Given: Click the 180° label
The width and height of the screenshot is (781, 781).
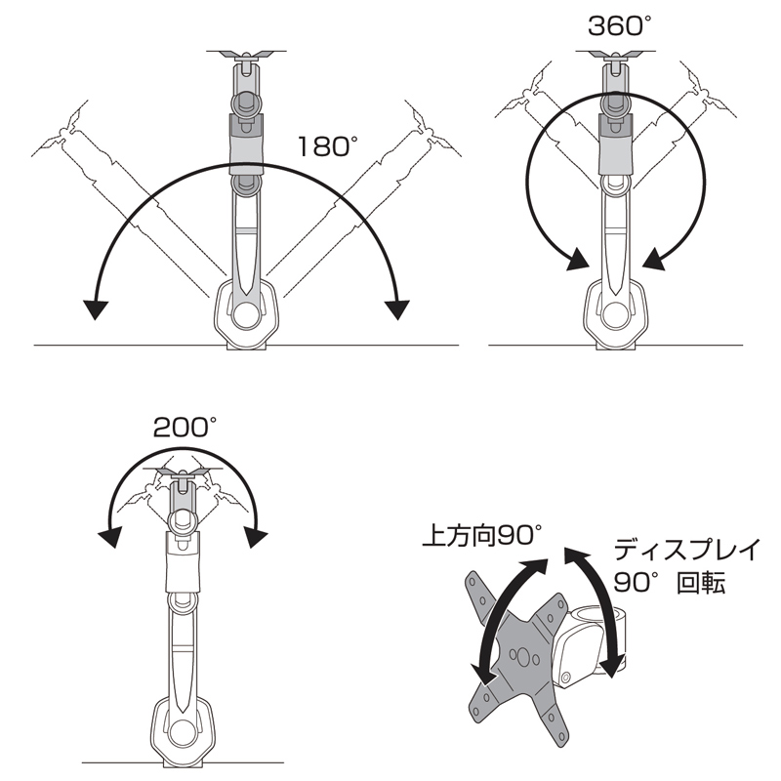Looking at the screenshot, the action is (328, 146).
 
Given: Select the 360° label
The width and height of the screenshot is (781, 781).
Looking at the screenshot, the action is (620, 26).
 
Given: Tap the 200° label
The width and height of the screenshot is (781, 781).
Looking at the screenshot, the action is (185, 427).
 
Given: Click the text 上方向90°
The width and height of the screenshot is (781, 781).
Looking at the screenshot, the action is (481, 536).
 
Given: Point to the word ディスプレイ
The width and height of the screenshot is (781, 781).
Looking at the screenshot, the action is (687, 550).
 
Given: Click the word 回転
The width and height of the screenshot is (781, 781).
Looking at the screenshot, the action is (700, 582).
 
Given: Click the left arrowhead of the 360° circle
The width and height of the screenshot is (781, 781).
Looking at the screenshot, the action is (578, 260).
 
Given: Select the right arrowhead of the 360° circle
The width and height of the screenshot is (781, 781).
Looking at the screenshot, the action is (654, 260).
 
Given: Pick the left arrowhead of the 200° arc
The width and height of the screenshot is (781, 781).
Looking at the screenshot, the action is (110, 538).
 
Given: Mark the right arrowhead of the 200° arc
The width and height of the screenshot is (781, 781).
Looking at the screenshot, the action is (256, 538).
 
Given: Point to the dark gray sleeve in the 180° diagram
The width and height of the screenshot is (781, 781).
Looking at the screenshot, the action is (246, 144).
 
